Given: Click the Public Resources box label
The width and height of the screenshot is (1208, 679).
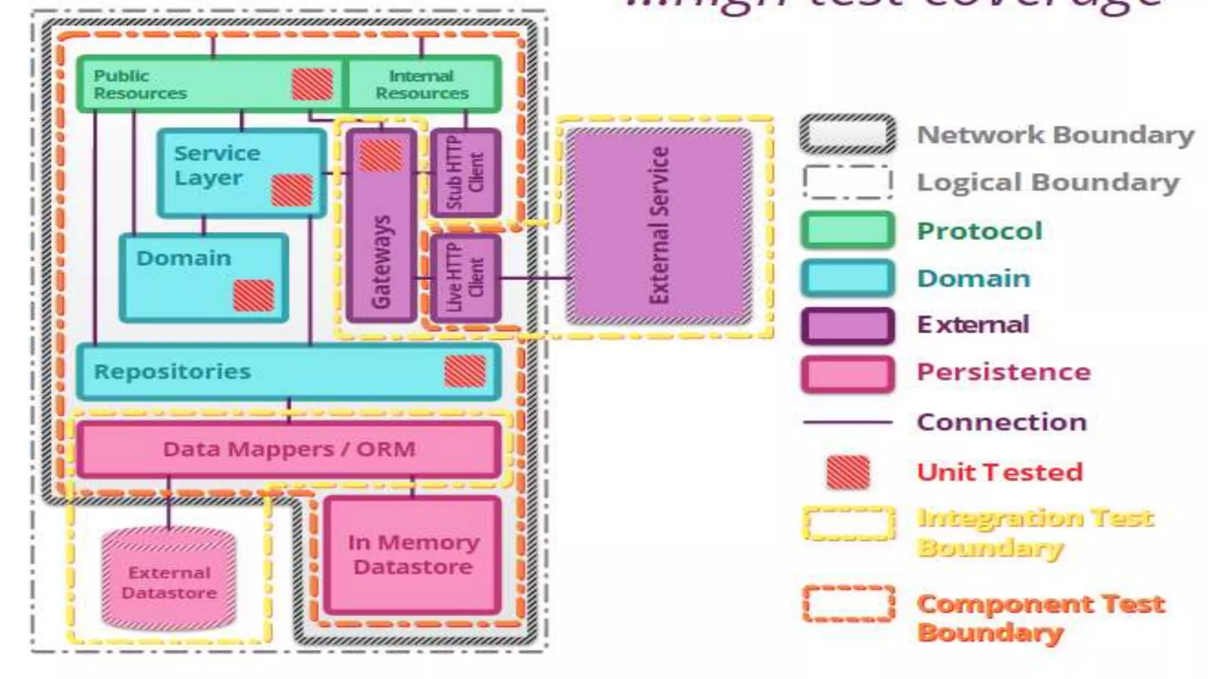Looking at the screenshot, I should [x=140, y=84].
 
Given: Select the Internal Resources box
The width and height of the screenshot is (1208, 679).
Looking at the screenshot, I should [x=422, y=84].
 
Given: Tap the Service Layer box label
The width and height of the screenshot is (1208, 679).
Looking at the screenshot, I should [x=216, y=165].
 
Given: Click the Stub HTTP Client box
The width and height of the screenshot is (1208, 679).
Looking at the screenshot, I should [x=465, y=172].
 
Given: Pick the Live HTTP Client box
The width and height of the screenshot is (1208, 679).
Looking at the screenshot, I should [x=465, y=278].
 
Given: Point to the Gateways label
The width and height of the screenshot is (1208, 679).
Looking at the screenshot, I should [x=382, y=262].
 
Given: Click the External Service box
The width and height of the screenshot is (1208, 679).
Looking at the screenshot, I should [x=659, y=226].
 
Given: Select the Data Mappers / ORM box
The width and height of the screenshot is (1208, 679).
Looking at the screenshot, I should [x=289, y=449].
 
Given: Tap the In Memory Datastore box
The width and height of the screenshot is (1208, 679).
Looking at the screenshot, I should [x=413, y=555].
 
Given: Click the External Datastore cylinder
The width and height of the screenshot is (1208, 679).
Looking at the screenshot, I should [x=169, y=581].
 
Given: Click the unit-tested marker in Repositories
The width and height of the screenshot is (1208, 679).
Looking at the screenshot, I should [x=465, y=371].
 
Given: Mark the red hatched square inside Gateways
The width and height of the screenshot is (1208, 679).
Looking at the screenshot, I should [x=381, y=156].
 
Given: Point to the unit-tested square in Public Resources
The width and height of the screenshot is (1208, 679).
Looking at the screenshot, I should [x=313, y=84].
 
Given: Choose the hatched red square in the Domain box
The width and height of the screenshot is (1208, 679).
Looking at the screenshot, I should [x=254, y=295].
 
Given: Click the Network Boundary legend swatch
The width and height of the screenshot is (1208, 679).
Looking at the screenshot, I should [x=848, y=134].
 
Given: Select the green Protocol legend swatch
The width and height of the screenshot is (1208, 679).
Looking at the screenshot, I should [x=848, y=230].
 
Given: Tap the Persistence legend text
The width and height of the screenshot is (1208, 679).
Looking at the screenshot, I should [x=1003, y=373].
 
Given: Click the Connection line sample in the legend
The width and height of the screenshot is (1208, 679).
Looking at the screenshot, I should [x=848, y=422].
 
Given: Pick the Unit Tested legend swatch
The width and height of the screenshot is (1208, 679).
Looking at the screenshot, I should [x=848, y=472].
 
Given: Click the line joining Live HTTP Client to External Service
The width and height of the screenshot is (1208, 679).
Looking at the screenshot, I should [x=534, y=278].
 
